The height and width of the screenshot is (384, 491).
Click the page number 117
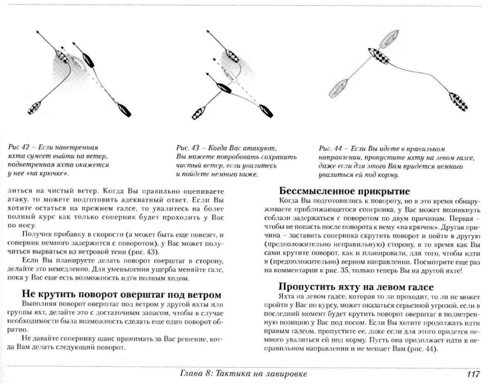(473, 374)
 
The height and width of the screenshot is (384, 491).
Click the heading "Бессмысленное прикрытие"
(344, 191)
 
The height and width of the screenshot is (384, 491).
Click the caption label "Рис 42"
(19, 147)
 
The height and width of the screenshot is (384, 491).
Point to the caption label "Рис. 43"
(188, 148)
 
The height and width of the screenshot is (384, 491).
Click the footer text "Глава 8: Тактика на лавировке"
(243, 374)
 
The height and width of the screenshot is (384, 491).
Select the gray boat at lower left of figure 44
(338, 88)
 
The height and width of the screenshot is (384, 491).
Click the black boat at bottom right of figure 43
(266, 111)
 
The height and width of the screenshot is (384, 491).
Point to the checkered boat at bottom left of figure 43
(198, 113)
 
